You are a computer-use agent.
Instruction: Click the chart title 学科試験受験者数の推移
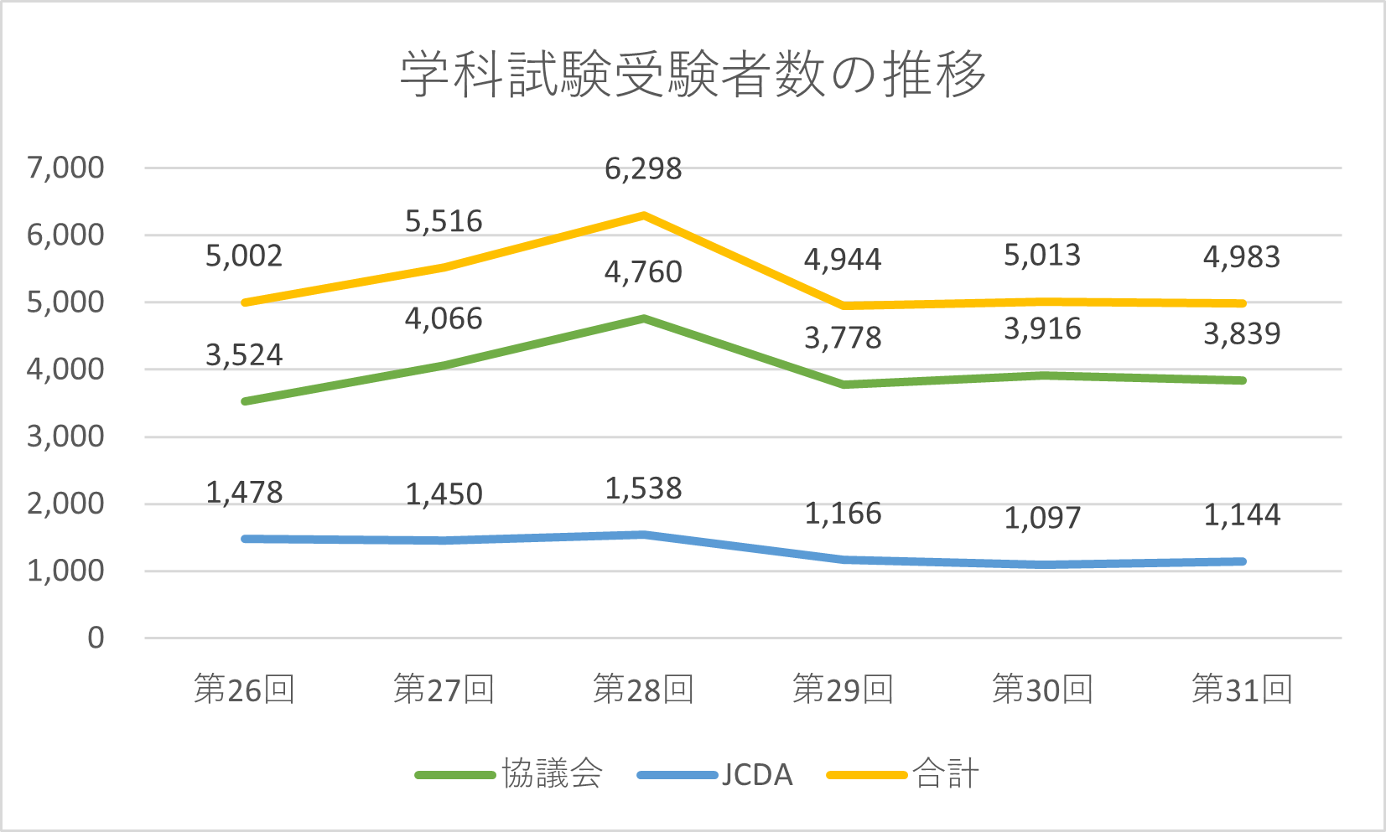pyautogui.click(x=693, y=74)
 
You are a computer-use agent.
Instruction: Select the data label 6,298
pyautogui.click(x=643, y=169)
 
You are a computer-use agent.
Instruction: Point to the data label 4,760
pyautogui.click(x=643, y=272)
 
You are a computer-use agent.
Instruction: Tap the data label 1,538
pyautogui.click(x=643, y=488)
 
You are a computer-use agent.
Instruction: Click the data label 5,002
pyautogui.click(x=244, y=256)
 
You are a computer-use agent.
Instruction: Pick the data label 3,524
pyautogui.click(x=244, y=355)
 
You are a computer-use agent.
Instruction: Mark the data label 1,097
pyautogui.click(x=1042, y=518)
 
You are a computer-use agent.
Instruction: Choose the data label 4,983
pyautogui.click(x=1242, y=257)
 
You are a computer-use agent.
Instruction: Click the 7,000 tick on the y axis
pyautogui.click(x=65, y=168)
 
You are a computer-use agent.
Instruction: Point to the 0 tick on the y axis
pyautogui.click(x=96, y=638)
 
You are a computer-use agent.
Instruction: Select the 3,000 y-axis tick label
pyautogui.click(x=65, y=437)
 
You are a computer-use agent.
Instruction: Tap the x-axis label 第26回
pyautogui.click(x=244, y=690)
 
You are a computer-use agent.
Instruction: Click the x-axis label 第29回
pyautogui.click(x=843, y=690)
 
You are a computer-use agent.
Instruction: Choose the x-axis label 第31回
pyautogui.click(x=1242, y=690)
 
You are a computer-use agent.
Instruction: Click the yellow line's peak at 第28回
pyautogui.click(x=643, y=215)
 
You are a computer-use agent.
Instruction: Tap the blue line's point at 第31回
pyautogui.click(x=1242, y=561)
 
